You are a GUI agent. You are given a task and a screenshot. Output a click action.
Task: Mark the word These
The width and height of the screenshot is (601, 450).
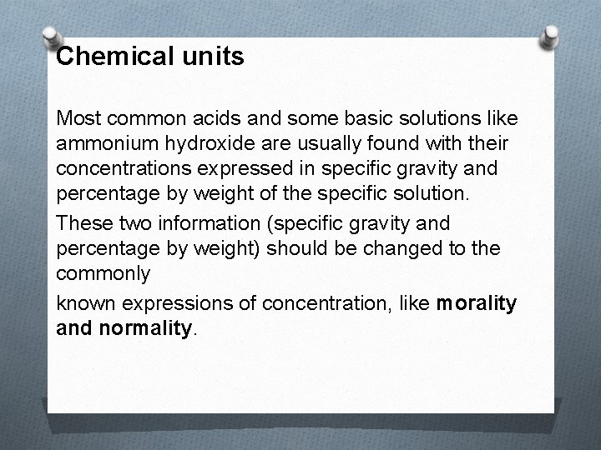(x=82, y=222)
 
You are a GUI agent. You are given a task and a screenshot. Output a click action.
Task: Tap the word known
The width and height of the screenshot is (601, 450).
(x=82, y=304)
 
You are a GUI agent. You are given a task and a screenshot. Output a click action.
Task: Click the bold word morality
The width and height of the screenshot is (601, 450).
(x=477, y=304)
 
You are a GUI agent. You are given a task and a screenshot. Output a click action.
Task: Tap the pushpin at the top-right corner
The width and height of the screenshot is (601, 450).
(x=551, y=37)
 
